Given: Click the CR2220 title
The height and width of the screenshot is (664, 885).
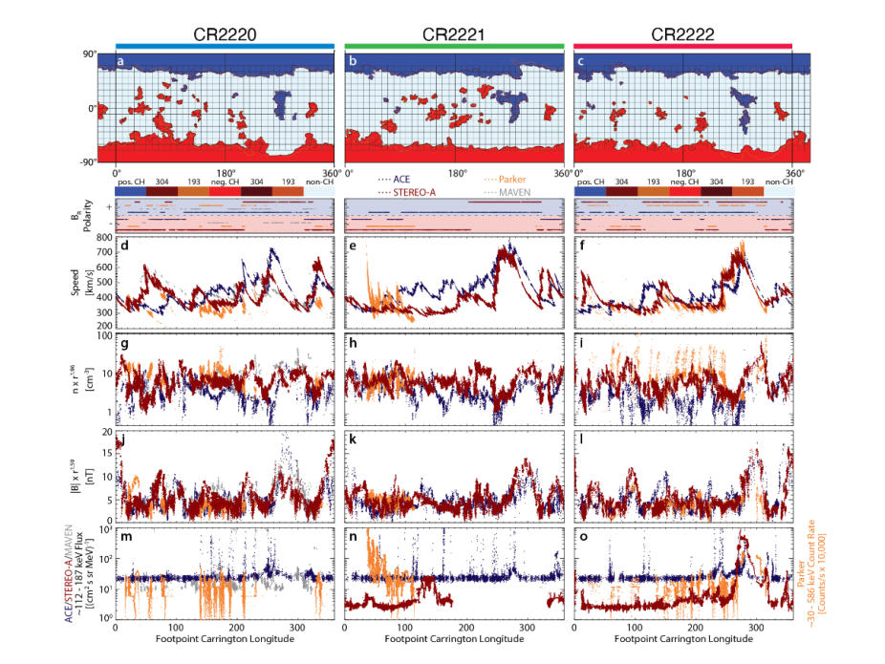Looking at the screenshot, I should point(224,32).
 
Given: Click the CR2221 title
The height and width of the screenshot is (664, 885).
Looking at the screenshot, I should point(454,32).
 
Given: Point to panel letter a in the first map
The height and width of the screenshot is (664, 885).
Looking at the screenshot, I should point(121,63).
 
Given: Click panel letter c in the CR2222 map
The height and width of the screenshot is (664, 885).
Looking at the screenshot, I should point(580,63).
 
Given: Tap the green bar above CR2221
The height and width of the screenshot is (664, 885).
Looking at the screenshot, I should point(454,45).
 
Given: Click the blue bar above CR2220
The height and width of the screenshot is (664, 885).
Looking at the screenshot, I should point(224,45).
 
